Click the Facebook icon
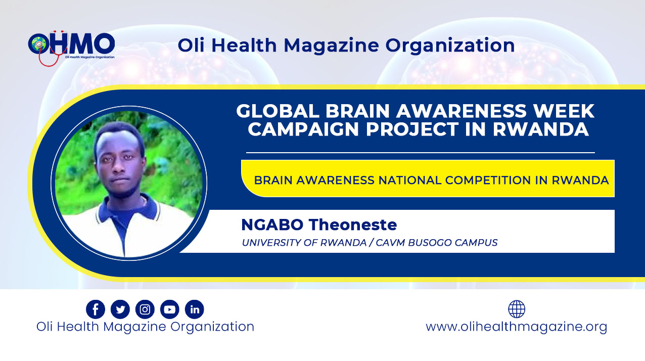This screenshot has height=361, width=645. [x=96, y=309]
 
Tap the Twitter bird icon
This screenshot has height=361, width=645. [x=120, y=309]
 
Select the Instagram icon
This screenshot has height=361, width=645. [x=145, y=309]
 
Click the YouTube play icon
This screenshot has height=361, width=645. [x=170, y=309]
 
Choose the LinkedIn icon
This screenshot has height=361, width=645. [x=195, y=309]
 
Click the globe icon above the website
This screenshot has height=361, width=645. [x=517, y=309]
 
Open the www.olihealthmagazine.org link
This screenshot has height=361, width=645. [x=516, y=327]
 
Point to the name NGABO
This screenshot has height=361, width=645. [x=272, y=224]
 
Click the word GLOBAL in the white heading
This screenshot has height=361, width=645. [x=278, y=111]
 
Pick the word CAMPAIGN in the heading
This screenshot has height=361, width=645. [x=304, y=129]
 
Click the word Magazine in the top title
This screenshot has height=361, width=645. [x=332, y=46]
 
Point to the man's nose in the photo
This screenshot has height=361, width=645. [x=118, y=167]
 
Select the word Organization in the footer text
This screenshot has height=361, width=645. [x=212, y=327]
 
